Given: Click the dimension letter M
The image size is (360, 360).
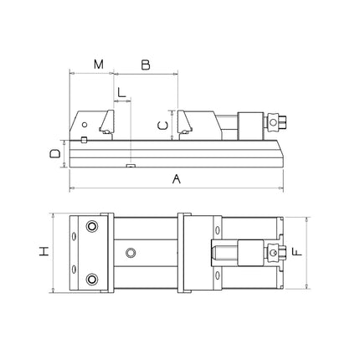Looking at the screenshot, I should tap(99, 64).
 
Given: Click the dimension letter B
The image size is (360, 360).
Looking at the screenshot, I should tap(145, 64).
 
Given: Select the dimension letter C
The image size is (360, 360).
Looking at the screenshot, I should tap(165, 125).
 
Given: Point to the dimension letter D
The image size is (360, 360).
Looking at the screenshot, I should tap(54, 153).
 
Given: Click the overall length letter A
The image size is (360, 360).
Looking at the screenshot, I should tap(176, 178).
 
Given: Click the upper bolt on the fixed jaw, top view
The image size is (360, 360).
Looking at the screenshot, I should tap(91, 226).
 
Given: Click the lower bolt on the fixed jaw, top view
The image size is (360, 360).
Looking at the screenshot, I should tap(91, 277).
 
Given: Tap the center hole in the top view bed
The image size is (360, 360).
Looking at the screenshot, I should tap(130, 251).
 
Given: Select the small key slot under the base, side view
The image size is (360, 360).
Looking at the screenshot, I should tap(130, 166).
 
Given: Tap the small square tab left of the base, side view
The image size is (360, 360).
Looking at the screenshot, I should tap(85, 139).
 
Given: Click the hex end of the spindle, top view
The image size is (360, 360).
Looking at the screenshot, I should tap(273, 251).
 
